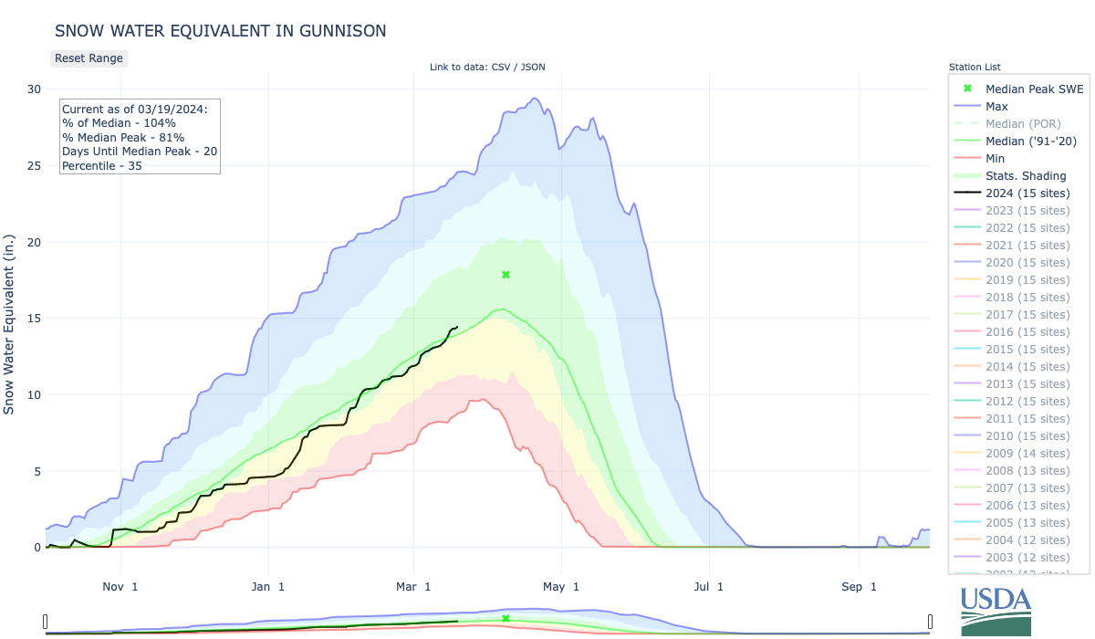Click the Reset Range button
point(88,58)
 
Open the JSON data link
point(533,67)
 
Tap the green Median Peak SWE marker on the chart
point(506,275)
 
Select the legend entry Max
point(996,107)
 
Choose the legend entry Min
point(996,159)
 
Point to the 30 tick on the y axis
point(34,89)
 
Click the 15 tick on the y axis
point(34,319)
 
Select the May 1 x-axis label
point(561,586)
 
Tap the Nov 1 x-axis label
point(120,586)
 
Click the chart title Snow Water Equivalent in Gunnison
point(220,31)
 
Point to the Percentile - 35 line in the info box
point(101,165)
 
